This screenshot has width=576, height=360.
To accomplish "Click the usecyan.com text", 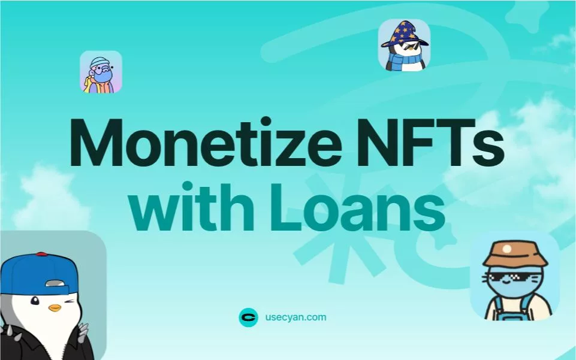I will point(295,317).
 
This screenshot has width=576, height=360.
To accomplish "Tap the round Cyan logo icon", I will point(248,317).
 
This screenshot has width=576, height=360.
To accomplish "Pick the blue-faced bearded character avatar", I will point(101,72).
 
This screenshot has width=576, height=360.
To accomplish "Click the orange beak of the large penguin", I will point(55,308).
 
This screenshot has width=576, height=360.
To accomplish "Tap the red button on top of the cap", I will point(41,254).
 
